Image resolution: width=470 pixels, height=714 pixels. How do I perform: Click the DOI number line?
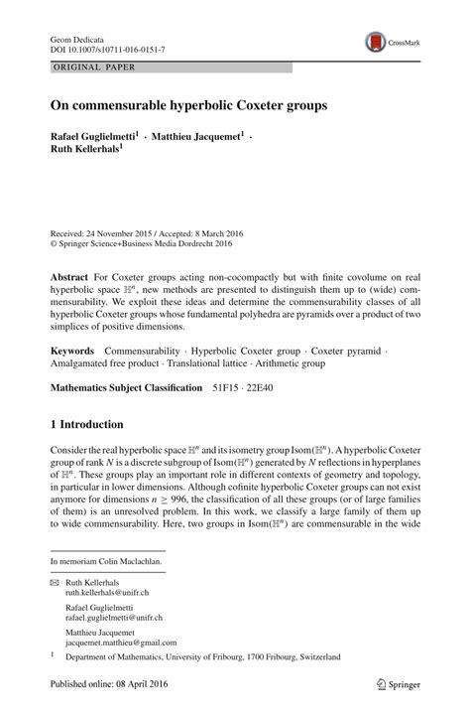click(108, 48)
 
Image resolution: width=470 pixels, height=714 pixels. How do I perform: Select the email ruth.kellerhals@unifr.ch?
click(107, 592)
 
